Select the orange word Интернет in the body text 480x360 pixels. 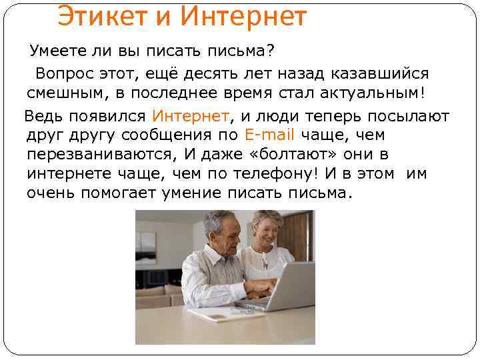tap(191, 116)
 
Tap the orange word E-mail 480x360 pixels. tap(269, 135)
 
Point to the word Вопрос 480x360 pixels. tap(64, 73)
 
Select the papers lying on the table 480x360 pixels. tap(217, 313)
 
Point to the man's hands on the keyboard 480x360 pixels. tap(257, 288)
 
